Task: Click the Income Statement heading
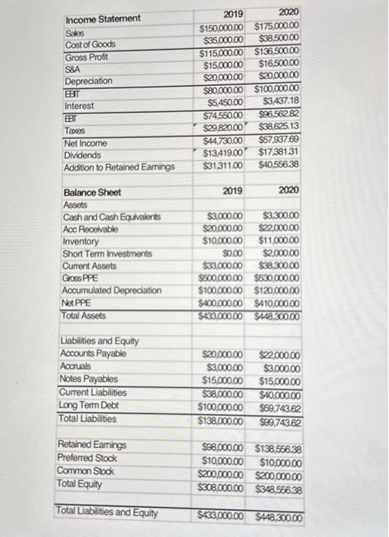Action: [x=103, y=18]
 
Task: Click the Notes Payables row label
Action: [x=88, y=379]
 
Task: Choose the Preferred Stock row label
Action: [x=89, y=458]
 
